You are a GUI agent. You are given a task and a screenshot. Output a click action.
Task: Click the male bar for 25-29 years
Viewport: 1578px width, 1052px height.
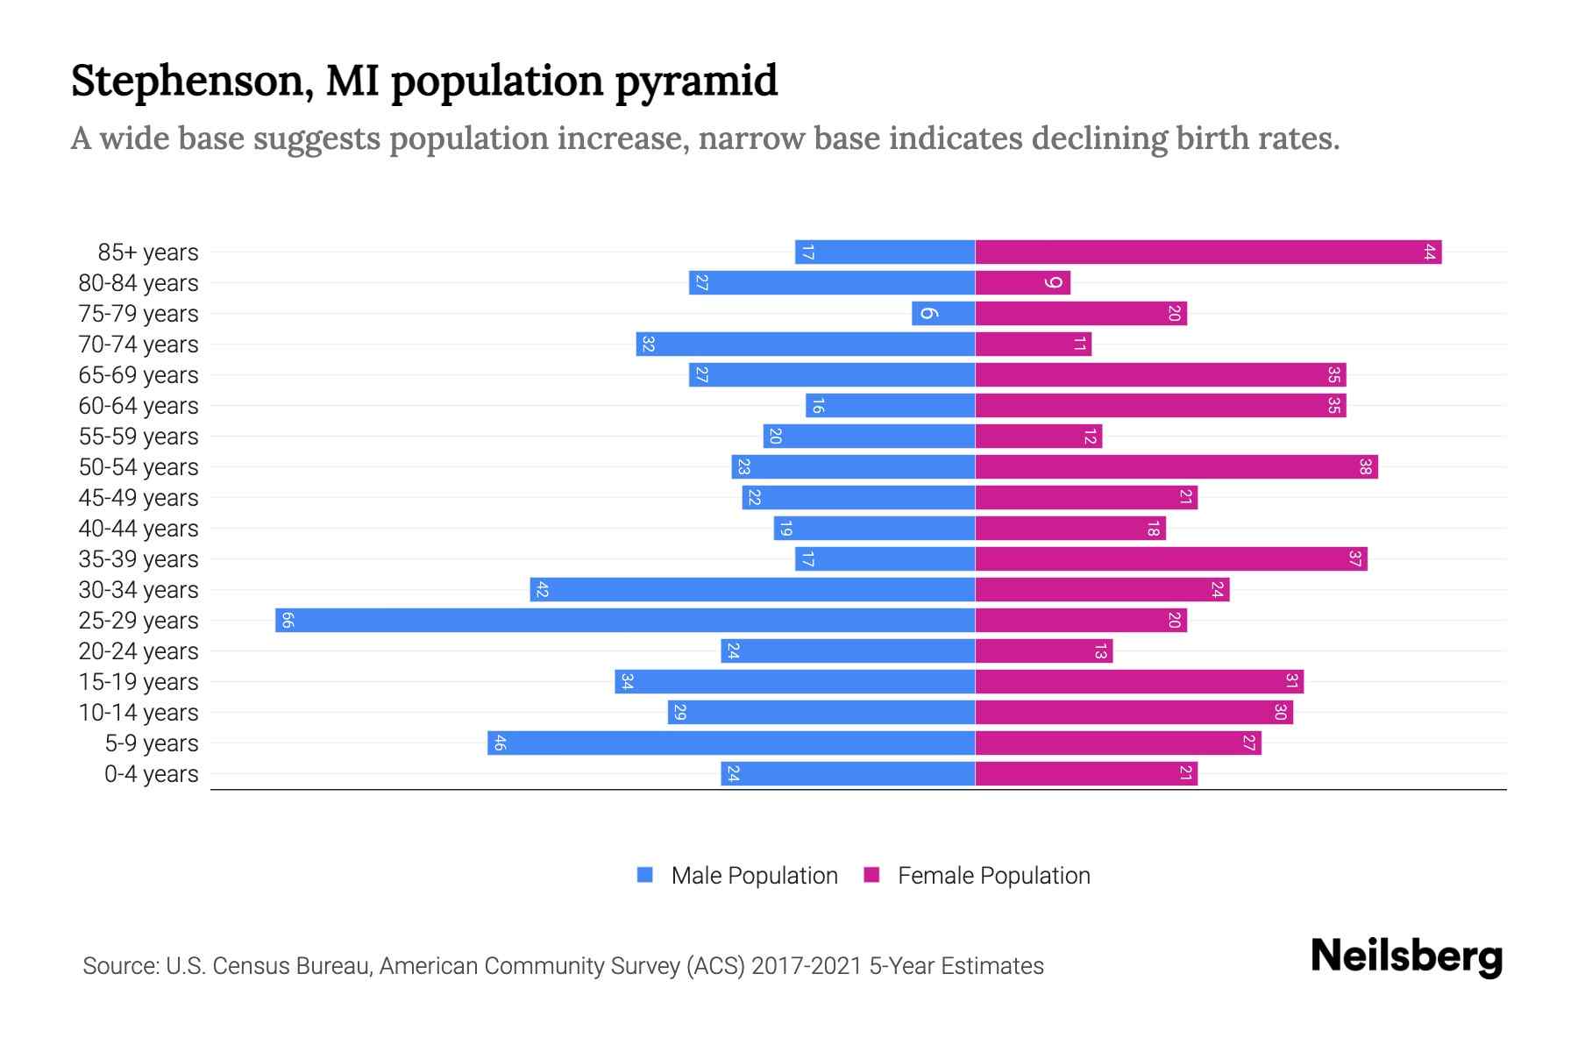tap(625, 621)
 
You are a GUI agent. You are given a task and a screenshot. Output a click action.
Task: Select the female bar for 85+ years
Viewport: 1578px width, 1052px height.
tap(1208, 252)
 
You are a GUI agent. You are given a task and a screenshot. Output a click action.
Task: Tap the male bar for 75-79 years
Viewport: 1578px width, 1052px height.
tap(943, 314)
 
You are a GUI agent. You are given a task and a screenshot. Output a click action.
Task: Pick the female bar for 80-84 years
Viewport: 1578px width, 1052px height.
tap(1022, 283)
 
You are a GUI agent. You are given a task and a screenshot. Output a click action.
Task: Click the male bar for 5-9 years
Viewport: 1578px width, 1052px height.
tap(731, 743)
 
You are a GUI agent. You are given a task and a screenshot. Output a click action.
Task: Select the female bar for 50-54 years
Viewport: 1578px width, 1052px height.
tap(1176, 467)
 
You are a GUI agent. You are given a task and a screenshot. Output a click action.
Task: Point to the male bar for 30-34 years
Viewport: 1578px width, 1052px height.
tap(752, 590)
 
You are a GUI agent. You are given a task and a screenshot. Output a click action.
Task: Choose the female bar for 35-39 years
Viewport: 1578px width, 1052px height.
tap(1171, 559)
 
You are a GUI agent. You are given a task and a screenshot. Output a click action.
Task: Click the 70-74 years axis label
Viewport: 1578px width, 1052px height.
tap(139, 345)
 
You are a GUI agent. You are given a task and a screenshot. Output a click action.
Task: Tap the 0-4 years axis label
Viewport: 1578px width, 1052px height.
tap(151, 774)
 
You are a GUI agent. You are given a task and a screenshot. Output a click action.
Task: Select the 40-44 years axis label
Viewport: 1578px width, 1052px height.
tap(139, 529)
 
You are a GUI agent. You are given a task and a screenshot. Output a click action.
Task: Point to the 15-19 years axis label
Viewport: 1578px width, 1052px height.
tap(139, 682)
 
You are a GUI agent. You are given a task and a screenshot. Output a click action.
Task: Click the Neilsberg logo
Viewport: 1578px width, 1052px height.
tap(1406, 956)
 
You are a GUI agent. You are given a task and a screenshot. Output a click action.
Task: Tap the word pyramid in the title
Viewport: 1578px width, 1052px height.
tap(696, 82)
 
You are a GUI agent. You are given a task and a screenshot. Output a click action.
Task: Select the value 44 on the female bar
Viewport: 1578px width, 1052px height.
tap(1429, 252)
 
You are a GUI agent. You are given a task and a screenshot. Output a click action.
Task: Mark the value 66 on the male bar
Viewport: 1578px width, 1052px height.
tap(288, 621)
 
